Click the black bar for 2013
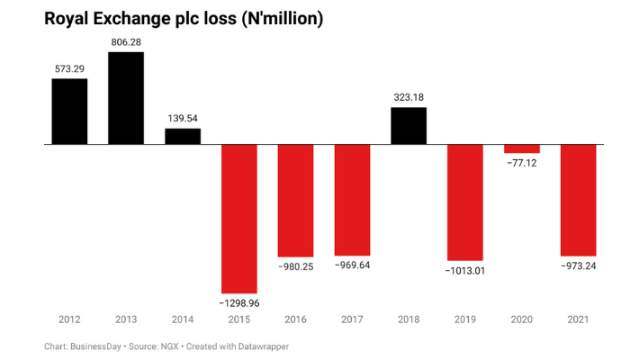(x=126, y=98)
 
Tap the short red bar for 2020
(x=522, y=148)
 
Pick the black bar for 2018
(x=409, y=126)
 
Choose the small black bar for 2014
(x=183, y=136)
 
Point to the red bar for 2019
(x=465, y=201)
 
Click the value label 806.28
(x=126, y=42)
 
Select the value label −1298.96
(x=239, y=303)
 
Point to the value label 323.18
(x=409, y=97)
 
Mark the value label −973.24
(x=578, y=266)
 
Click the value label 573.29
(x=69, y=68)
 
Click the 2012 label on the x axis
(x=69, y=319)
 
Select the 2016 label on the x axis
(x=296, y=319)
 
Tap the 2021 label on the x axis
(x=578, y=319)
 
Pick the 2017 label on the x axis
(x=352, y=319)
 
